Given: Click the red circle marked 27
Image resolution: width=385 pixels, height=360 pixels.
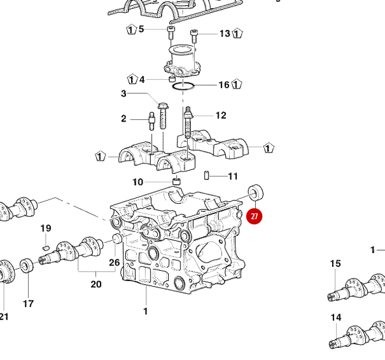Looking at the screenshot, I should pyautogui.click(x=254, y=216).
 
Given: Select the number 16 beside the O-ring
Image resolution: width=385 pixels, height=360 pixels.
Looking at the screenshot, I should pyautogui.click(x=224, y=85).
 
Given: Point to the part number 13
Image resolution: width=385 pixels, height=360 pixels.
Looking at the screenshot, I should pyautogui.click(x=225, y=33).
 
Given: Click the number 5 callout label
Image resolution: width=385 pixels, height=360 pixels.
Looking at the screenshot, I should pyautogui.click(x=141, y=29).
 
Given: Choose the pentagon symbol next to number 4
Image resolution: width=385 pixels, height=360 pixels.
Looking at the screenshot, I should pyautogui.click(x=131, y=80).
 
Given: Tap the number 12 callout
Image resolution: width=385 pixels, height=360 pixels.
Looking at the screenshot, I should pyautogui.click(x=221, y=115).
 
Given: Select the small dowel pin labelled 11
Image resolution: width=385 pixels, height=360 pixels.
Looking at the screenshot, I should pyautogui.click(x=207, y=176).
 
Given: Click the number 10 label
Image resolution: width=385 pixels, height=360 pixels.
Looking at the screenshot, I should pyautogui.click(x=138, y=182).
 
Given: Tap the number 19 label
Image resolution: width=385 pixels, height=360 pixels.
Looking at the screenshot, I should pyautogui.click(x=46, y=228).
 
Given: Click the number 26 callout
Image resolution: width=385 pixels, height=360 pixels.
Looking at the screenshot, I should pyautogui.click(x=114, y=263).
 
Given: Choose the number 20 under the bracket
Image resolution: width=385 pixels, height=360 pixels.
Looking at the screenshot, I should pyautogui.click(x=95, y=284).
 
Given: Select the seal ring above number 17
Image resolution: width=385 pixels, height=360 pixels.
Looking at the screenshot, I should pyautogui.click(x=27, y=264).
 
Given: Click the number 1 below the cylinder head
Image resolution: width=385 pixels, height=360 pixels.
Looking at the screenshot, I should pyautogui.click(x=145, y=311).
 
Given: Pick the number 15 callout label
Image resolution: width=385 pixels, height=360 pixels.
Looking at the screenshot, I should pyautogui.click(x=335, y=263).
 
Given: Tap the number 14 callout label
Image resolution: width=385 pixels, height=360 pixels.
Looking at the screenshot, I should pyautogui.click(x=335, y=317).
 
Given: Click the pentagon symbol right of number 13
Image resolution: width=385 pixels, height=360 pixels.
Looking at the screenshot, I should pyautogui.click(x=239, y=33).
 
